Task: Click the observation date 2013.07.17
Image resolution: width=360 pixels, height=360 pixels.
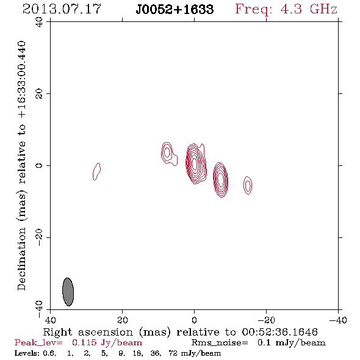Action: tap(62, 9)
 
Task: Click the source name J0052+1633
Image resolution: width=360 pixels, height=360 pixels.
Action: tap(175, 9)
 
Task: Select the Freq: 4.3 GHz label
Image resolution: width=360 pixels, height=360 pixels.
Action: tap(286, 9)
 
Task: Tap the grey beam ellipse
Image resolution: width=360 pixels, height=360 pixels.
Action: tap(68, 292)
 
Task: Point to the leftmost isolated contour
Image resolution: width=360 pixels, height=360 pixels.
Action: tap(96, 171)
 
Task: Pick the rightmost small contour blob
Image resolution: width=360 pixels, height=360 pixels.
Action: tap(248, 185)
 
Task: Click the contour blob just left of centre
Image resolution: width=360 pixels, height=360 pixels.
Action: tap(168, 153)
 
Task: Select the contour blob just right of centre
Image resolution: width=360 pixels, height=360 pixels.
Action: tap(220, 179)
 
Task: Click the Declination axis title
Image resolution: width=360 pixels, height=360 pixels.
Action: tap(21, 165)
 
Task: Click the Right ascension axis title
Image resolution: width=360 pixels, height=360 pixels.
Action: tap(180, 332)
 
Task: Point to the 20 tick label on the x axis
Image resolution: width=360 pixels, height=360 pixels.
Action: tap(123, 320)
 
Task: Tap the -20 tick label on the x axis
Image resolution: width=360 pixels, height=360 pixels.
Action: tap(266, 320)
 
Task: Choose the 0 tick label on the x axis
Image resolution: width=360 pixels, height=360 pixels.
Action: tap(194, 320)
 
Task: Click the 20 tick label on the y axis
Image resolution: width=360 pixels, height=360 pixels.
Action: tap(39, 94)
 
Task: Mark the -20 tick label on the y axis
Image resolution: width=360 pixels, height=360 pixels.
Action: tap(39, 237)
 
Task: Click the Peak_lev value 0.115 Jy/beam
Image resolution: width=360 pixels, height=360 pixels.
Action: tap(107, 342)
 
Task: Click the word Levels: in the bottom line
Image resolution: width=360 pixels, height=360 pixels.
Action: tap(27, 353)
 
